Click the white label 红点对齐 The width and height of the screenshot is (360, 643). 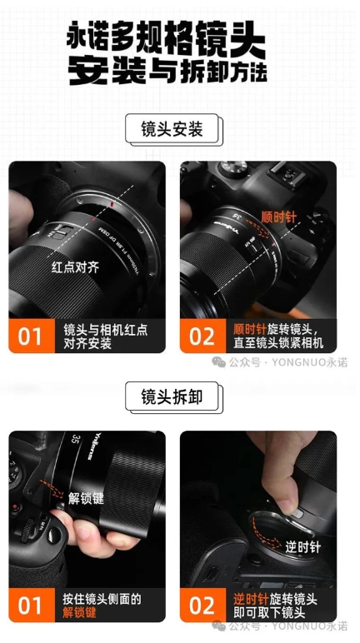tap(76, 267)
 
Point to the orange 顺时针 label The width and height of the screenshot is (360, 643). tap(279, 217)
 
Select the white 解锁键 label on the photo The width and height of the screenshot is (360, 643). tap(86, 500)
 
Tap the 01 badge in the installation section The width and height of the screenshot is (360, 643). tap(30, 336)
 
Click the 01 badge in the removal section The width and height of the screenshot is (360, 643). tap(30, 605)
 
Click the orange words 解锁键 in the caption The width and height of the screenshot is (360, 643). tap(80, 613)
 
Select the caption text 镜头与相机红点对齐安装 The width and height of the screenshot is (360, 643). tap(105, 336)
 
